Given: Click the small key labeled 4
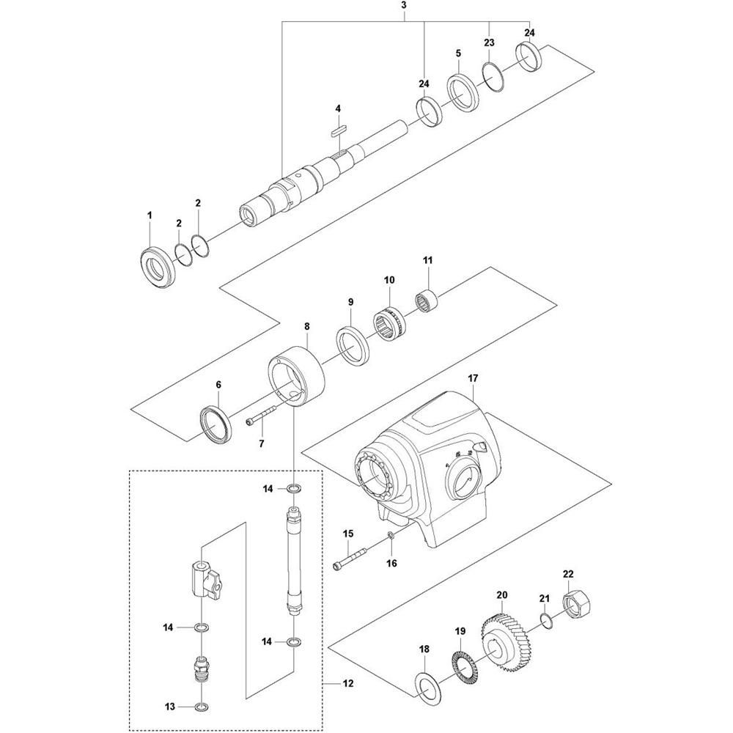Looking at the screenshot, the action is click(x=339, y=129).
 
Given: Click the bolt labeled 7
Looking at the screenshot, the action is click(x=261, y=416).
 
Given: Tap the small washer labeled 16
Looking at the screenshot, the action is click(x=391, y=537).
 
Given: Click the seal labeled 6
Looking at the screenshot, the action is click(x=217, y=425).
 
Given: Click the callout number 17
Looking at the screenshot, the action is click(x=473, y=377).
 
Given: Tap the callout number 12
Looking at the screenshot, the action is click(x=347, y=683).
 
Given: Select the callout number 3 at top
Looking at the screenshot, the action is click(x=405, y=6).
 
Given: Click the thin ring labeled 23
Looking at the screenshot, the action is click(x=493, y=75).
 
